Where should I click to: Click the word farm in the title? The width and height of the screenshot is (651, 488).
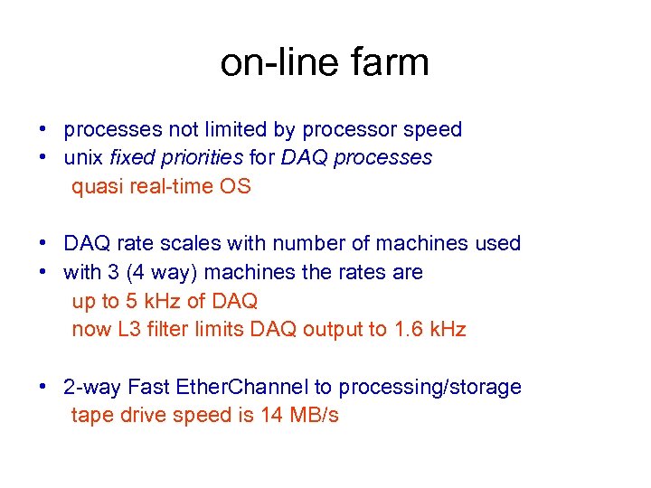(389, 63)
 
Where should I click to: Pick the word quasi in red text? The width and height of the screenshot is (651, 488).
(95, 186)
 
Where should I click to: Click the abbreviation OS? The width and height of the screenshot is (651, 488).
(238, 186)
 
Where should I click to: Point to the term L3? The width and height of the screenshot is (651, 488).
(129, 329)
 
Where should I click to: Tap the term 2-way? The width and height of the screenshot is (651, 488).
(92, 387)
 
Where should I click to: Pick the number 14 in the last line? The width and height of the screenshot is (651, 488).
(270, 416)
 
